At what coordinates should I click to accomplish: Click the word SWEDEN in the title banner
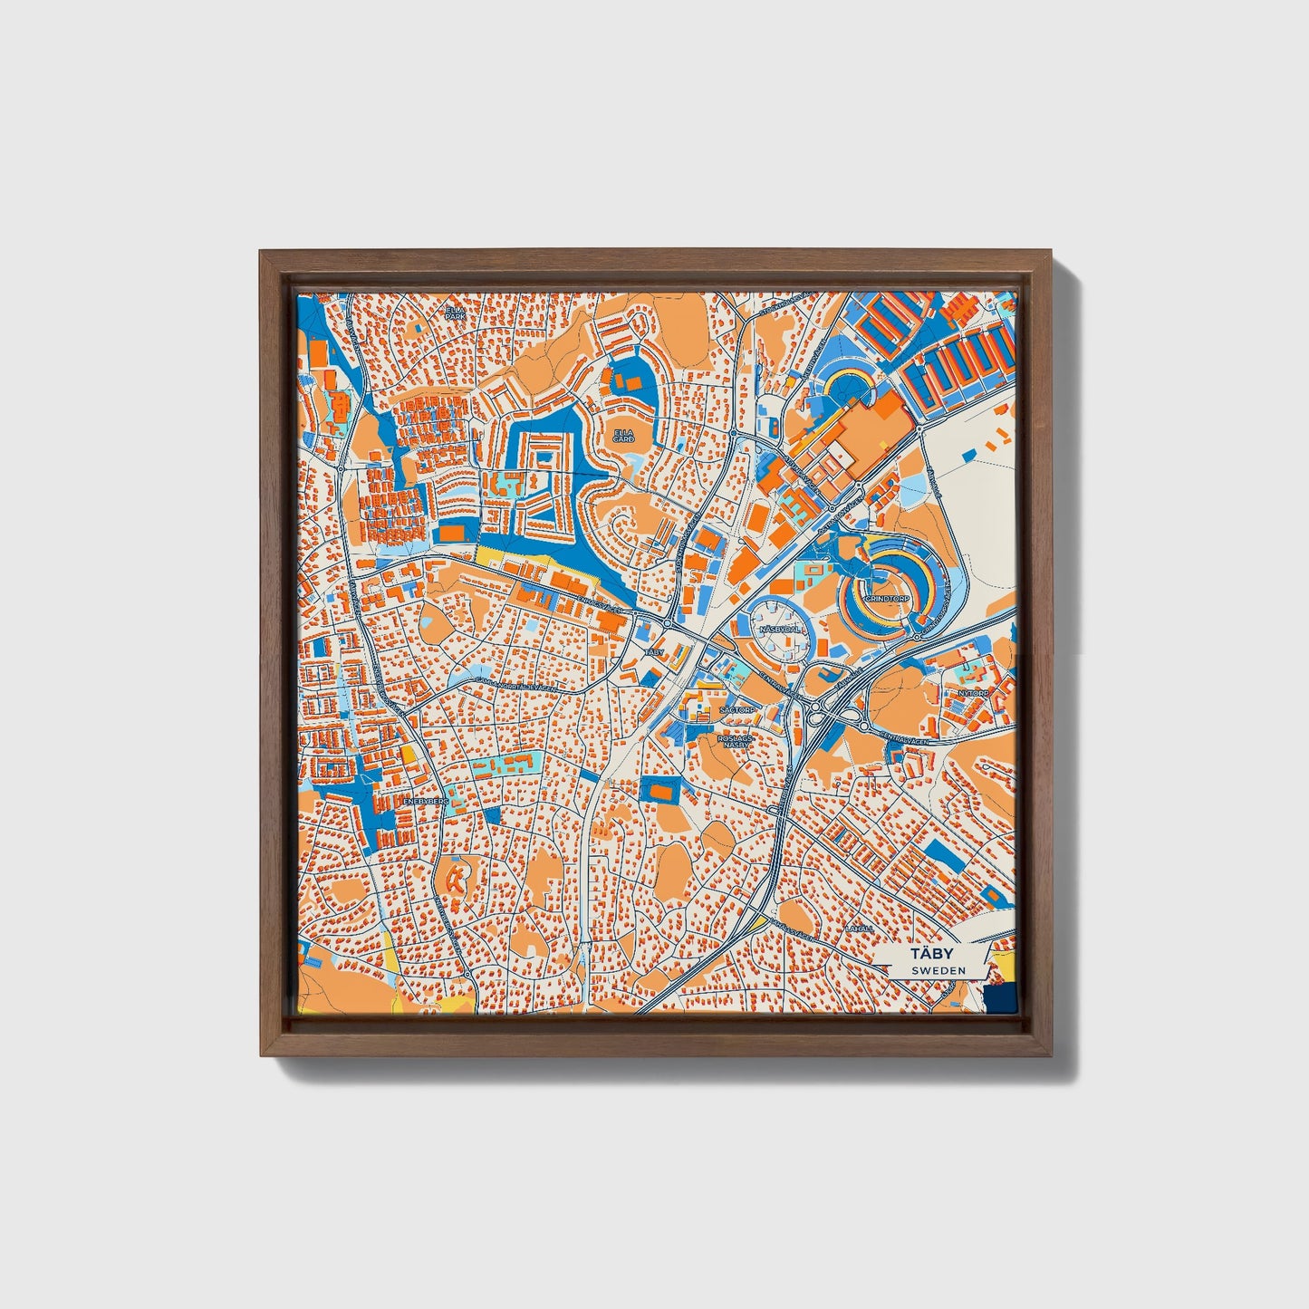tap(938, 970)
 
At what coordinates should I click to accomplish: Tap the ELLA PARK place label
tap(454, 313)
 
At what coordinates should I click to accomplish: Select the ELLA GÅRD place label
tap(624, 436)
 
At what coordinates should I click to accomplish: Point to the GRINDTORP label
tap(887, 599)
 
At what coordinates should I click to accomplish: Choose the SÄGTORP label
tap(736, 710)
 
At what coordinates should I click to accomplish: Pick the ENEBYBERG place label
tap(427, 802)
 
